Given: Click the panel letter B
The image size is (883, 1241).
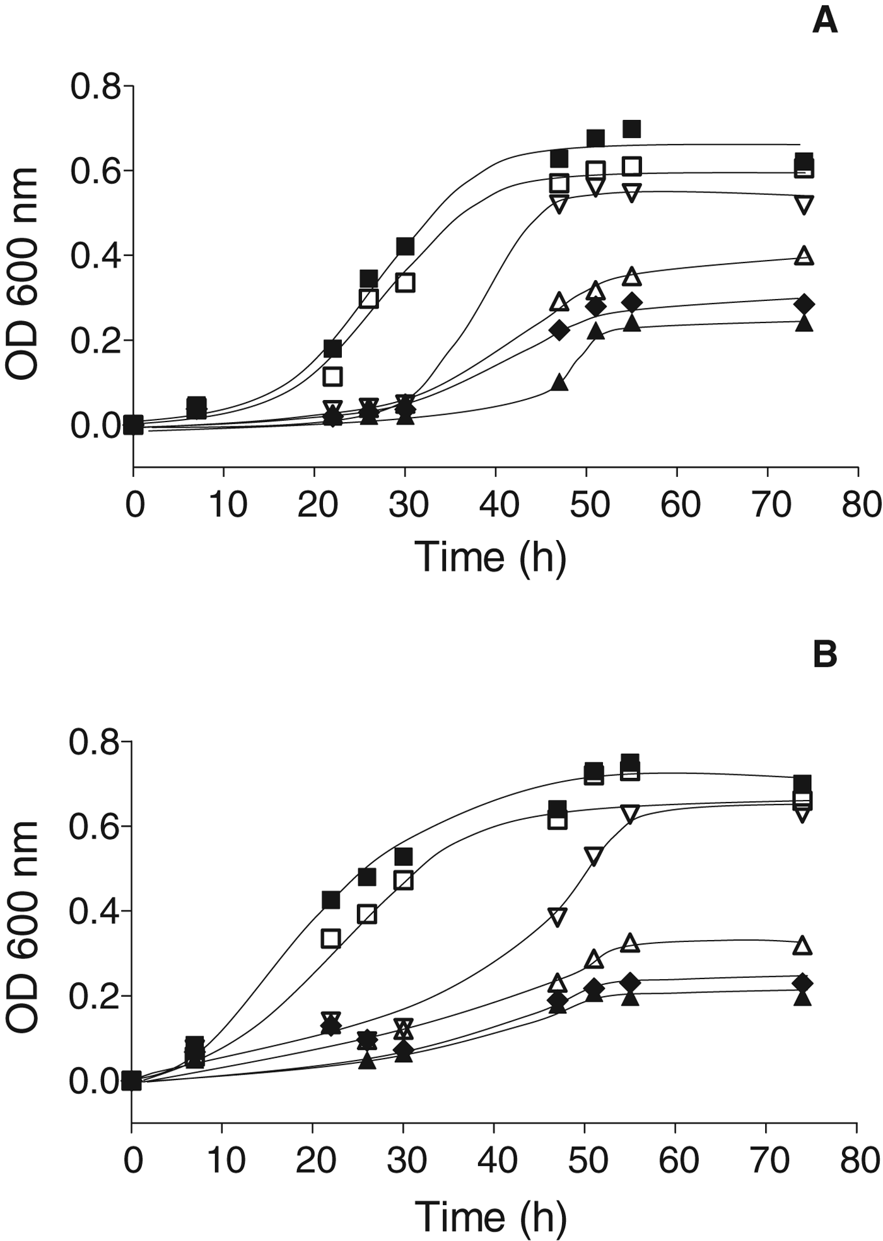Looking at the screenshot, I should click(825, 655).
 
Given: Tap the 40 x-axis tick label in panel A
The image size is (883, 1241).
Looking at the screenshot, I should click(499, 505).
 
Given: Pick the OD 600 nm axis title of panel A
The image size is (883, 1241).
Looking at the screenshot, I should click(24, 274).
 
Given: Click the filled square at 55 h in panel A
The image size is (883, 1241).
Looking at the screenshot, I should click(631, 129).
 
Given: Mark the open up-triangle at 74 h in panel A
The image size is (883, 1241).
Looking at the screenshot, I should click(804, 256).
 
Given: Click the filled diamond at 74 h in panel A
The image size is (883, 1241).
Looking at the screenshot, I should click(804, 304).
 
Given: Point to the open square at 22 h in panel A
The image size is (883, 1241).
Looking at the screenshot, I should click(332, 377).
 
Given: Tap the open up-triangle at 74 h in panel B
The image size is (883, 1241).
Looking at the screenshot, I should click(802, 945).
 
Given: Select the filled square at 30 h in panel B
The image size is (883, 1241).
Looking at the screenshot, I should click(403, 857).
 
